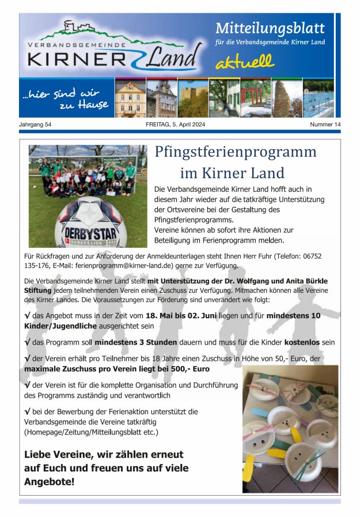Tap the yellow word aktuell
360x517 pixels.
pyautogui.click(x=245, y=62)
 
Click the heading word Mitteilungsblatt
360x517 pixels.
pyautogui.click(x=270, y=28)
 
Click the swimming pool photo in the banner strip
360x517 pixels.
pyautogui.click(x=318, y=99)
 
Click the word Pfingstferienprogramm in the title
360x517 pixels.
pyautogui.click(x=236, y=152)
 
